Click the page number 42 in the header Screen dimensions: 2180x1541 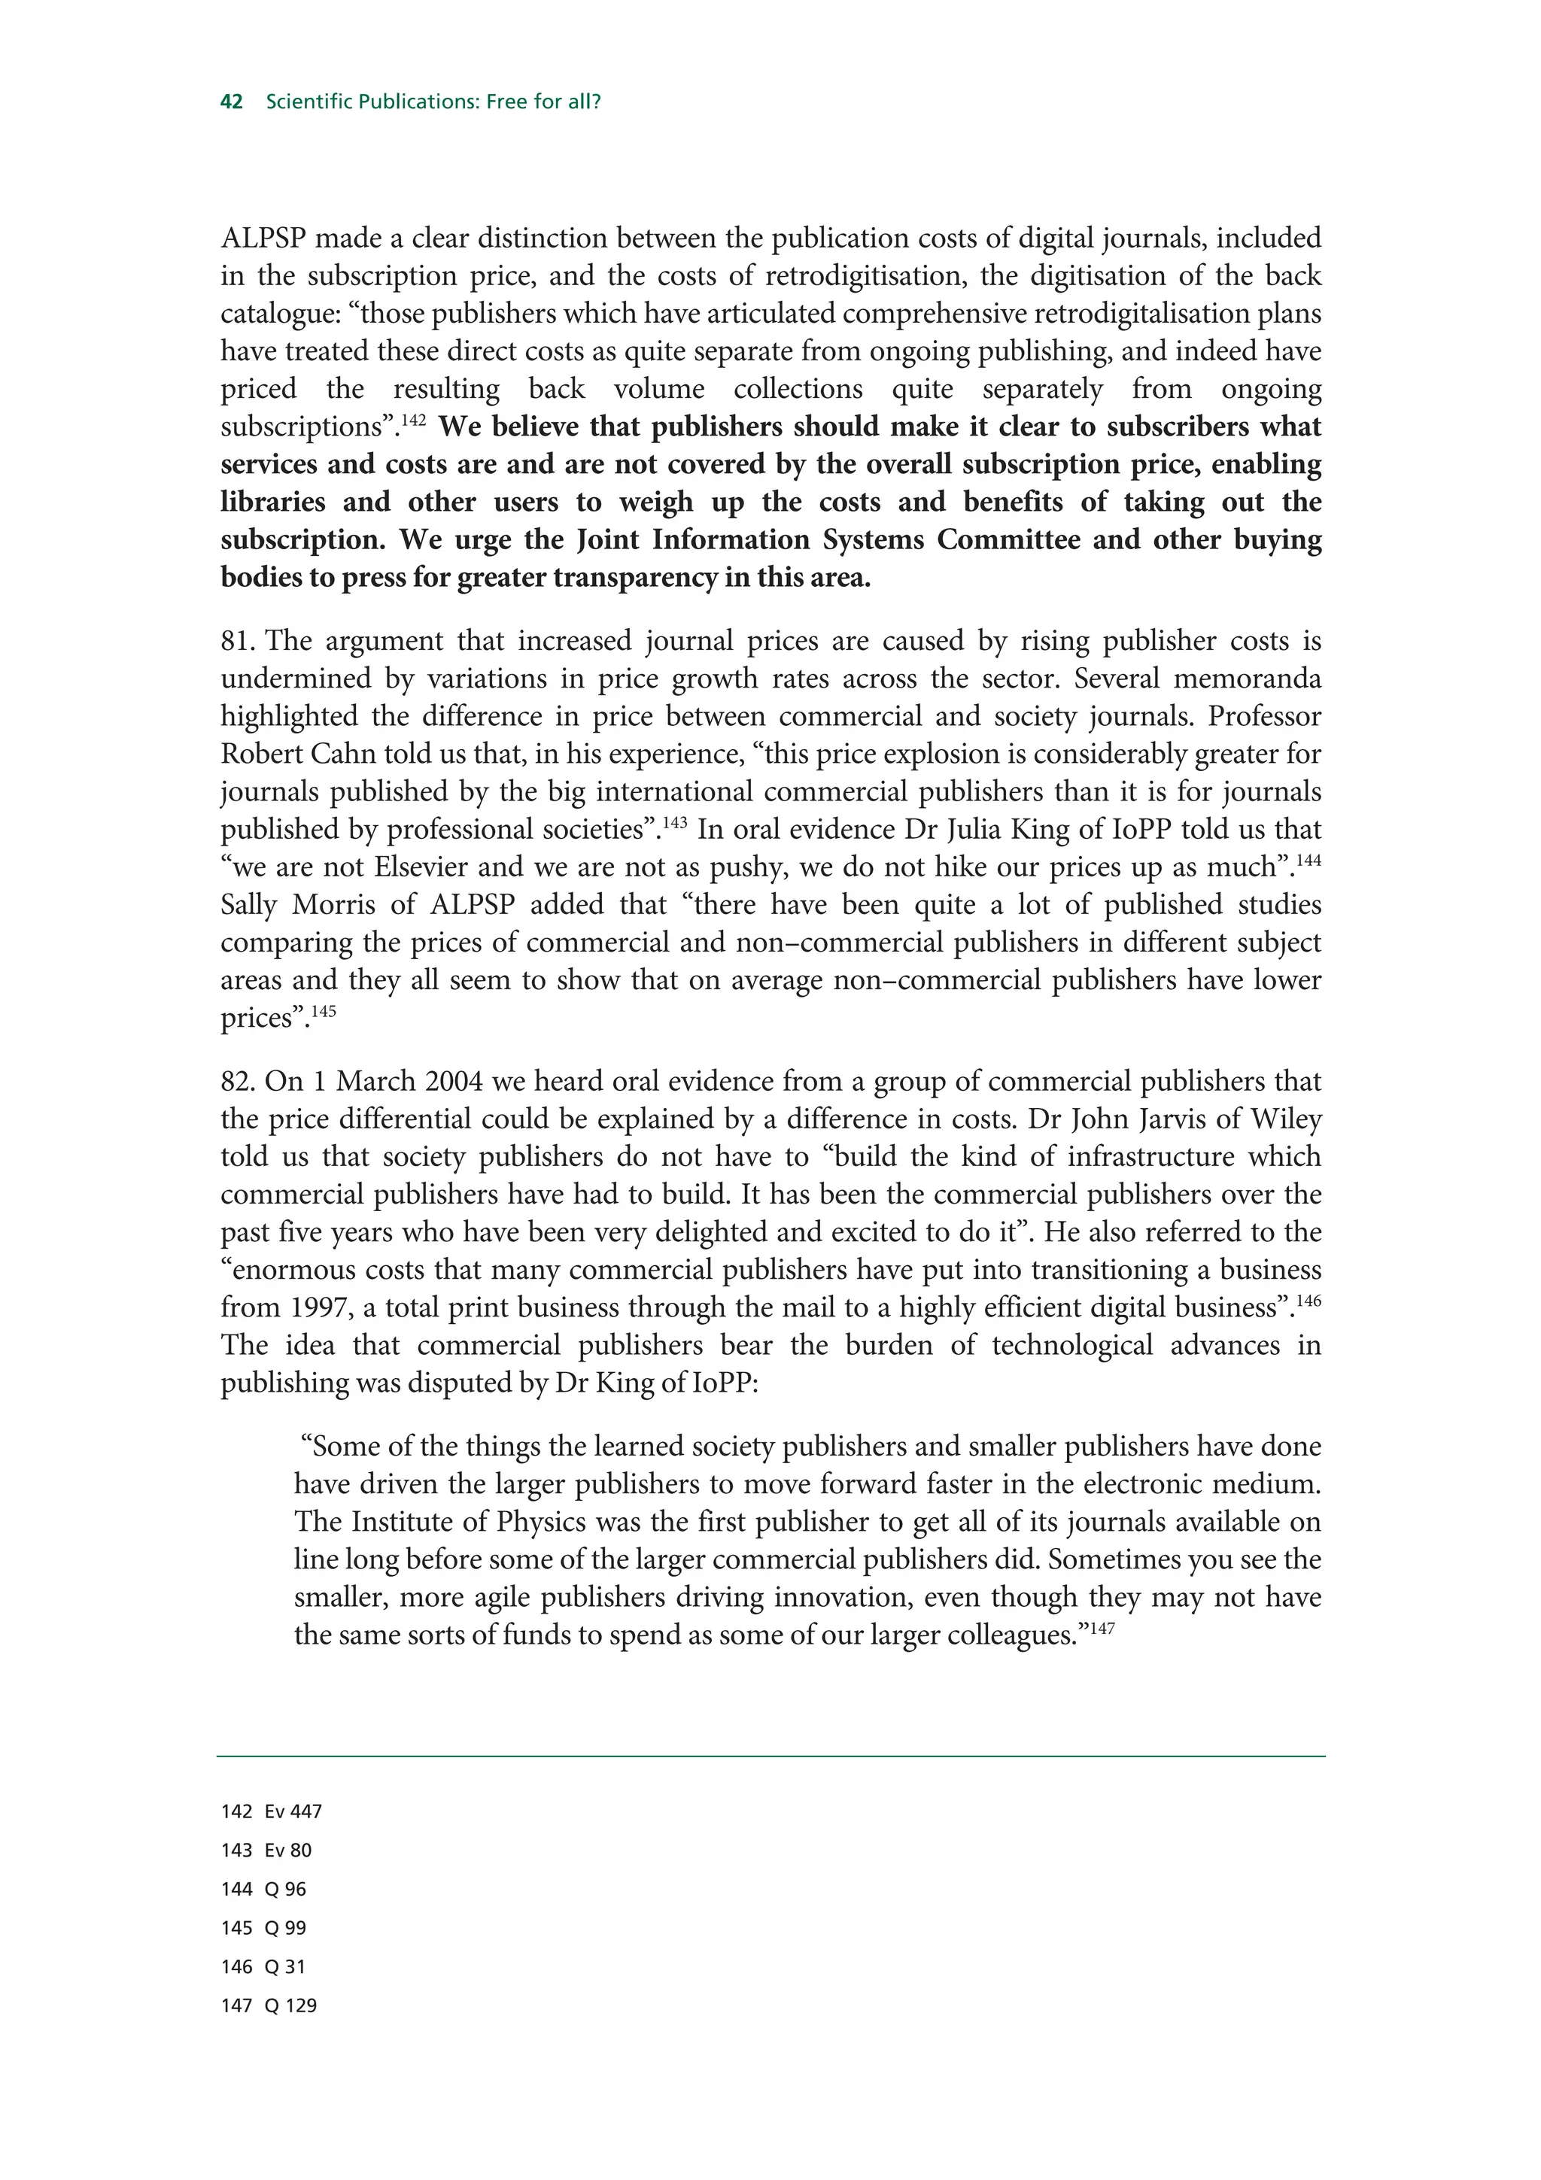pyautogui.click(x=232, y=102)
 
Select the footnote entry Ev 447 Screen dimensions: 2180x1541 pyautogui.click(x=293, y=1811)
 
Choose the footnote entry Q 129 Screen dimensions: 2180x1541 pyautogui.click(x=290, y=2005)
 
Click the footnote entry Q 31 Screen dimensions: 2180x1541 pyautogui.click(x=286, y=1966)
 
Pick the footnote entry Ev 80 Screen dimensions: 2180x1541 pyautogui.click(x=289, y=1851)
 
